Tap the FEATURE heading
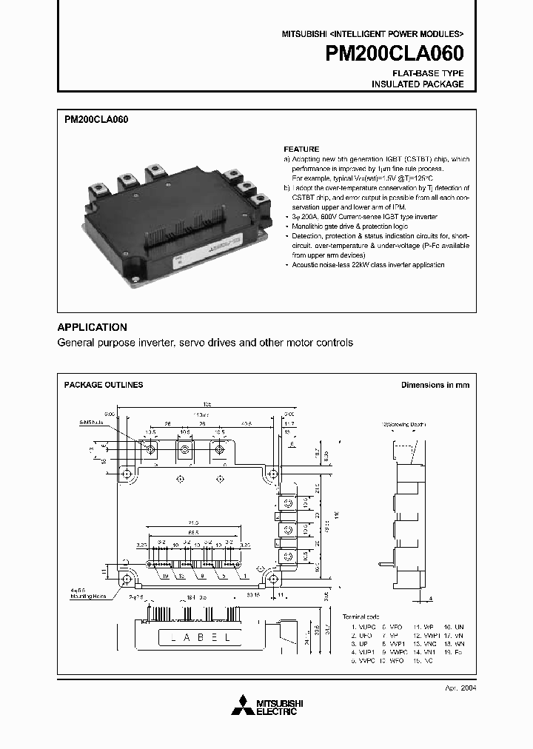301,149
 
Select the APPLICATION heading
93,327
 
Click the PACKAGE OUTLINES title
104,385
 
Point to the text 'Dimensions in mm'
435,385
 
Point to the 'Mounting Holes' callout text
88,596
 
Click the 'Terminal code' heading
361,616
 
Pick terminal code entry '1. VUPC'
365,627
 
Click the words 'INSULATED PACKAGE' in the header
418,84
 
